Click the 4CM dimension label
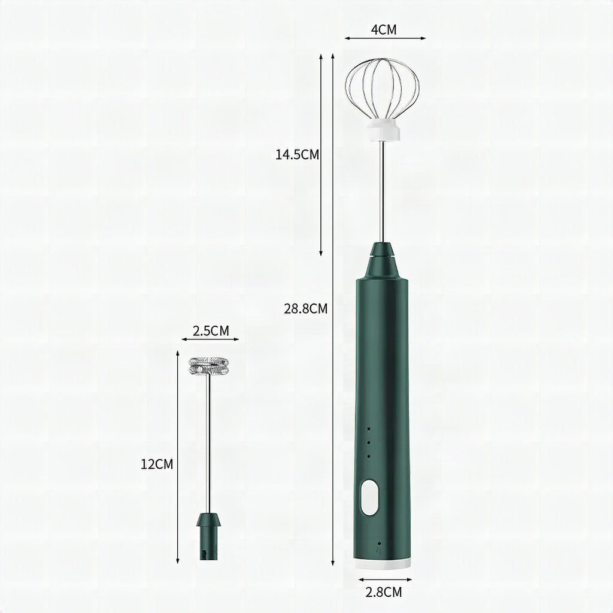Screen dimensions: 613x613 click(x=384, y=30)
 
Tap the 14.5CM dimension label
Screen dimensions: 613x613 click(x=297, y=155)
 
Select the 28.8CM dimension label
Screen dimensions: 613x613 click(x=306, y=309)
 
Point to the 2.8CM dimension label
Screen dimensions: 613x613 click(x=384, y=592)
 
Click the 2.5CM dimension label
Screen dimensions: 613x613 click(x=211, y=330)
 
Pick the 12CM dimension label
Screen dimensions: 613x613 click(x=157, y=465)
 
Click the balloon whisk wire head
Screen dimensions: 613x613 click(x=382, y=89)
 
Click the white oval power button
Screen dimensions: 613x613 click(x=369, y=497)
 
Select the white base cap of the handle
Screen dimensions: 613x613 click(x=383, y=563)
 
